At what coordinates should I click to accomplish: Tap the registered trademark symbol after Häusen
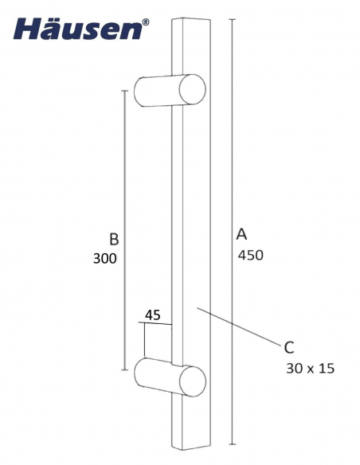tap(144, 24)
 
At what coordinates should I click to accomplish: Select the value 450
tap(250, 256)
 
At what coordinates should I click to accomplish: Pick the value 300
tap(104, 259)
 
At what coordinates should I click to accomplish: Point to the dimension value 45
tap(153, 315)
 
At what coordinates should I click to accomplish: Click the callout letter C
tap(289, 347)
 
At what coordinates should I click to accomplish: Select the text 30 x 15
tap(310, 369)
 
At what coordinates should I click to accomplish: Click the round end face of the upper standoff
tap(193, 89)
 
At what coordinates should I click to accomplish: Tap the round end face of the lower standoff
tap(192, 381)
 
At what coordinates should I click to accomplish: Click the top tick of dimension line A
tap(232, 18)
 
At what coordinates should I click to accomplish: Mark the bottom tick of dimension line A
tap(232, 444)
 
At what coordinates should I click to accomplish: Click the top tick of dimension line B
tap(124, 91)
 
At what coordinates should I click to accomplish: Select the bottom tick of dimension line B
tap(124, 370)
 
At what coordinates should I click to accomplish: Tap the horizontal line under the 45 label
tap(155, 324)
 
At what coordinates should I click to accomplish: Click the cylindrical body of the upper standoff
tap(159, 89)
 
